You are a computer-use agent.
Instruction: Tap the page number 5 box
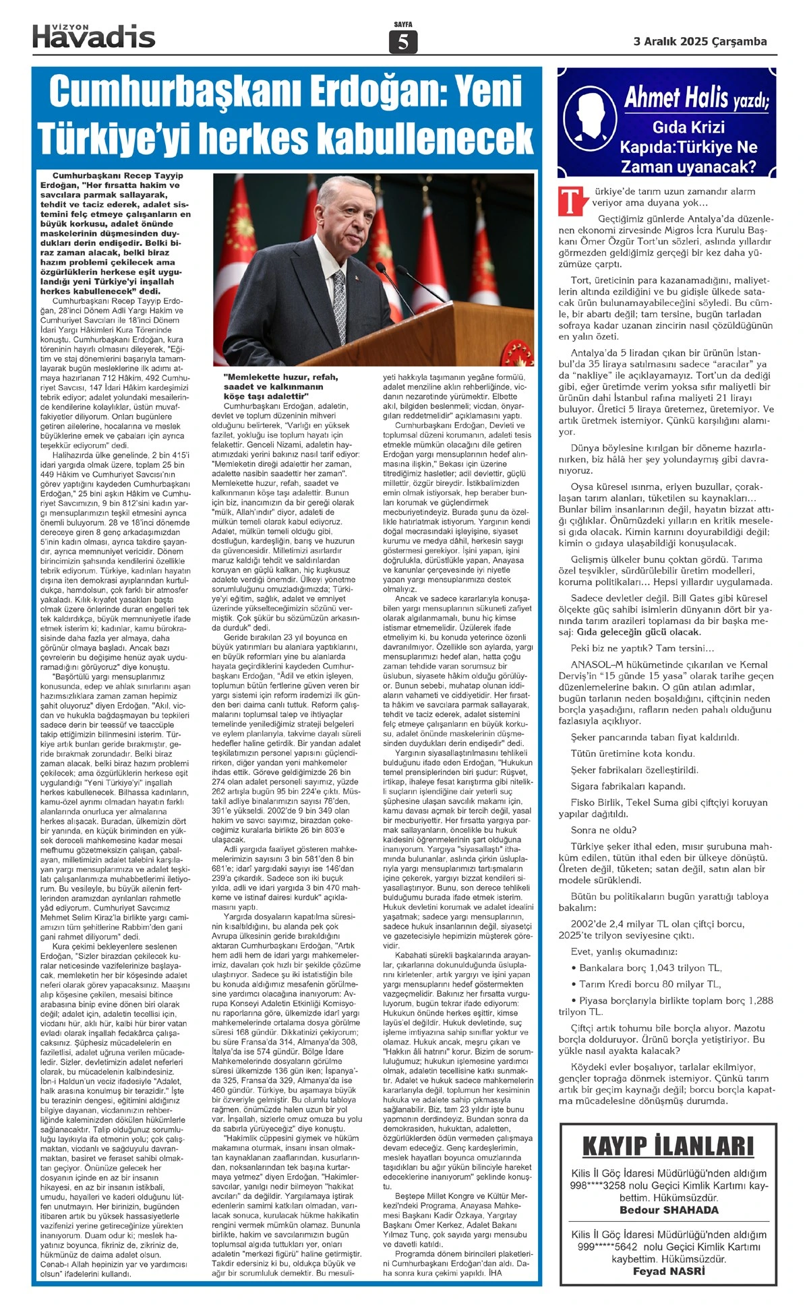pos(403,42)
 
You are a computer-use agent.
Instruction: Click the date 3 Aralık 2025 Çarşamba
pos(700,42)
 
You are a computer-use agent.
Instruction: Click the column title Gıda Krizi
pos(688,127)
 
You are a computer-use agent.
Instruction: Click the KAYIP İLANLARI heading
pos(667,1146)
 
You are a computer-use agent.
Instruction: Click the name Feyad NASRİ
pos(669,1272)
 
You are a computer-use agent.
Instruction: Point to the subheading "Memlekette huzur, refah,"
pos(280,377)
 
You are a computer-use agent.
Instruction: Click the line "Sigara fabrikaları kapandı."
pos(628,786)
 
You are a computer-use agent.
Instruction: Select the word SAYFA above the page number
pos(403,25)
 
